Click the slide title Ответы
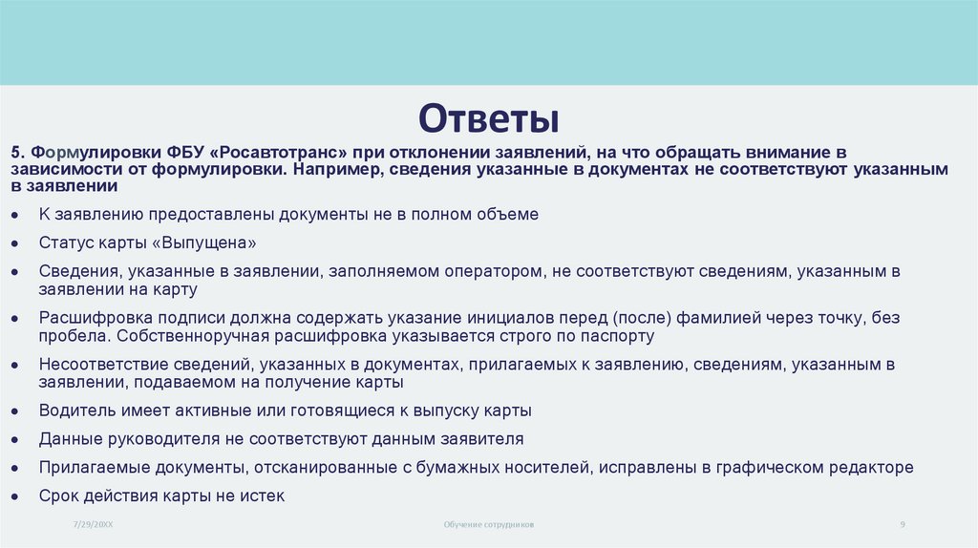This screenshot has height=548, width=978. click(x=488, y=119)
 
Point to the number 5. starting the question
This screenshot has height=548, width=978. click(x=18, y=153)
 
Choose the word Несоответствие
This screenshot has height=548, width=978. click(x=96, y=364)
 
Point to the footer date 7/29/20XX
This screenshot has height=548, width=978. click(x=93, y=525)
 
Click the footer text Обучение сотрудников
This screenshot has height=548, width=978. click(x=489, y=525)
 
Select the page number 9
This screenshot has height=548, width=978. click(x=903, y=525)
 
